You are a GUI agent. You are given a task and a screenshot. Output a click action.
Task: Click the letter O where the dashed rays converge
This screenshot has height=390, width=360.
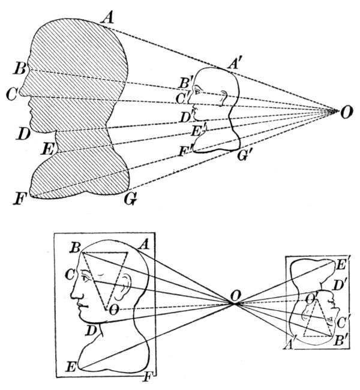pos(346,112)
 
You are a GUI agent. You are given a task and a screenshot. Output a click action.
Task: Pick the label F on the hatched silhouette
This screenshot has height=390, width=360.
pos(20,198)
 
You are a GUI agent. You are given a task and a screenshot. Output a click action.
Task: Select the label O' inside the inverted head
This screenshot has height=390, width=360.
pos(311,298)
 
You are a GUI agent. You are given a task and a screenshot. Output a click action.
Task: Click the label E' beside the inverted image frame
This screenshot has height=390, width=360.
pos(344,262)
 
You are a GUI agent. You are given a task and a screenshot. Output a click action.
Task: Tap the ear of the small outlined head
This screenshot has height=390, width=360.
pos(224,96)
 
